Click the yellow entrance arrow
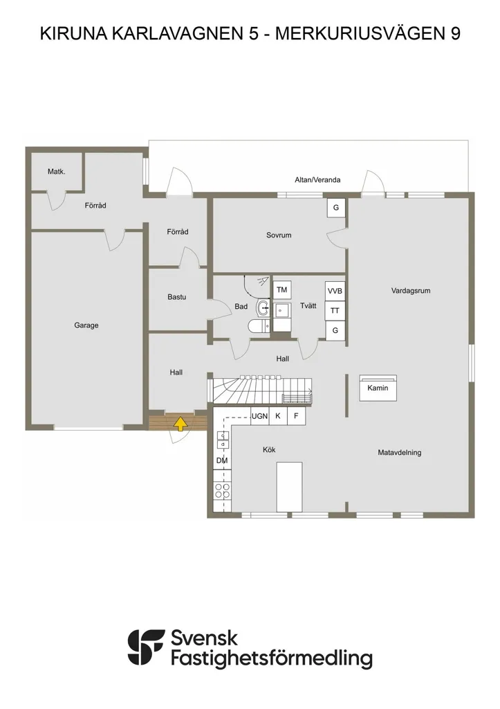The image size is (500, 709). pos(180,424)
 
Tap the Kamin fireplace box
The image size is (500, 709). pos(378,388)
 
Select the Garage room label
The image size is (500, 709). pos(86,325)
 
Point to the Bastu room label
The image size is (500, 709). pos(176,297)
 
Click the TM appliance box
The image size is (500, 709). pos(282,290)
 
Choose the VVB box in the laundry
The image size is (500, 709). pos(335,291)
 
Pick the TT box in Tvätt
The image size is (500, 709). pos(335,311)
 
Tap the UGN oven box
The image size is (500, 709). pos(260,416)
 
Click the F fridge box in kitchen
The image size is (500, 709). pos(296,416)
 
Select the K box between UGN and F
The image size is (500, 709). pos(278,416)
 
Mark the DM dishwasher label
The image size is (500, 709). pos(222,460)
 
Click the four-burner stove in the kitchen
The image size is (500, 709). pos(222,491)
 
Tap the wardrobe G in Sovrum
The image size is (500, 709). pos(336,208)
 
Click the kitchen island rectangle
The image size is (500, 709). pos(290,487)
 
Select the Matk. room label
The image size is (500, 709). pos(57,172)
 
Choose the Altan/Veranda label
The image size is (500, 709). pos(317,179)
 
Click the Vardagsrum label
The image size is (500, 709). pos(411,291)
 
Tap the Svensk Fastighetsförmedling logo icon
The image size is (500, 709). pos(146,647)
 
